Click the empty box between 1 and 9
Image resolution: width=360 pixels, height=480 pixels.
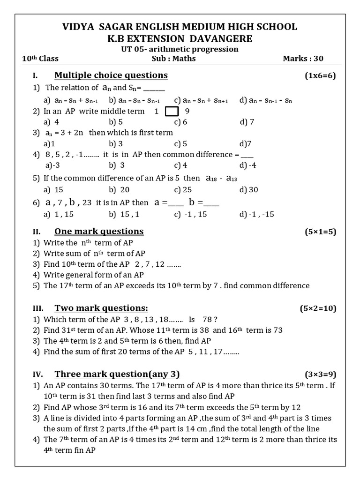172,112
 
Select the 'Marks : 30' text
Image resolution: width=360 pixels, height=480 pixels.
303,59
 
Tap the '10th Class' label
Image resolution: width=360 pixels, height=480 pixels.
40,59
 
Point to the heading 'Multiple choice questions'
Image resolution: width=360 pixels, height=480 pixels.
111,75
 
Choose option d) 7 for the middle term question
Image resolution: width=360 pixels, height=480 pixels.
247,122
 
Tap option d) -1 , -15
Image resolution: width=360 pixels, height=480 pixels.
256,214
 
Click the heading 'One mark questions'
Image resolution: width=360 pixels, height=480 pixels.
99,231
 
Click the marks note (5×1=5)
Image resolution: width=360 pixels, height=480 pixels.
320,232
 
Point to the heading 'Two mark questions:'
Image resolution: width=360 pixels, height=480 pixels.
101,308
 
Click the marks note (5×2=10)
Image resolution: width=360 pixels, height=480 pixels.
318,308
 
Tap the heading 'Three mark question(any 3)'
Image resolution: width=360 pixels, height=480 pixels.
117,374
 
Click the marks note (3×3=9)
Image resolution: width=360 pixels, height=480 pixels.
320,374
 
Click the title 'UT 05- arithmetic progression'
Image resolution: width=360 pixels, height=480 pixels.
180,49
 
